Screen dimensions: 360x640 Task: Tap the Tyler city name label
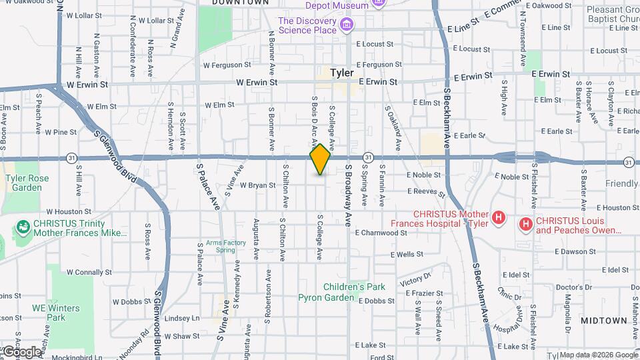(x=341, y=73)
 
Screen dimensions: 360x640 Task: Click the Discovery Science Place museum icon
(x=346, y=25)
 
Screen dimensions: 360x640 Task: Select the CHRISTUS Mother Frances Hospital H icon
(x=497, y=217)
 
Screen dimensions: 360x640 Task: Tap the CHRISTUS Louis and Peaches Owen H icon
(x=526, y=223)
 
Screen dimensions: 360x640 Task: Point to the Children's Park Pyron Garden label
(x=354, y=292)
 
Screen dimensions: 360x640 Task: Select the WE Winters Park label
(x=56, y=313)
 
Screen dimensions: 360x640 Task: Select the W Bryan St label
(x=258, y=185)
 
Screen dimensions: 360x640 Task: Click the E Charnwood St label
(x=381, y=233)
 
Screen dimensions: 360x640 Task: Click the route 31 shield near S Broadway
(x=367, y=157)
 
